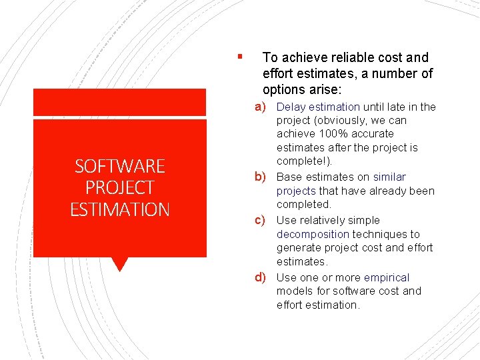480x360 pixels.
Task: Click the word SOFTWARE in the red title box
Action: coord(120,166)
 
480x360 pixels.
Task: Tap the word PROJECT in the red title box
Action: coord(120,187)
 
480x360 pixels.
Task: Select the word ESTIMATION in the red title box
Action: coord(120,209)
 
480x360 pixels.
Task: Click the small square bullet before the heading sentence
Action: coord(239,56)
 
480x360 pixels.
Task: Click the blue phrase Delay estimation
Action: coord(318,107)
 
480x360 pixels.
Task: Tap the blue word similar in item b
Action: coord(389,177)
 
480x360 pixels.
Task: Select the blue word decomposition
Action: coord(313,234)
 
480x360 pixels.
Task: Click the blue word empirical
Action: coord(387,277)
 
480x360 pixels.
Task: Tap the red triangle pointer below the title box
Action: coord(119,264)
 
